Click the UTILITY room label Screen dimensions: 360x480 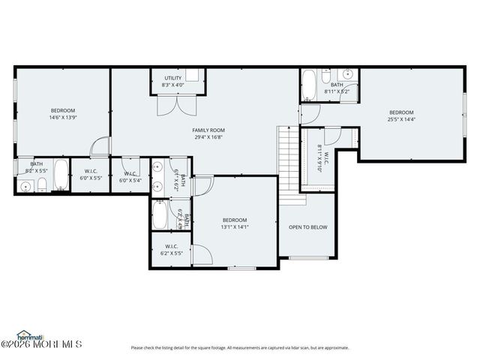click(x=173, y=77)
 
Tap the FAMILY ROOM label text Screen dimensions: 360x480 click(x=208, y=130)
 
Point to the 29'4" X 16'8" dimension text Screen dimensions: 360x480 click(x=208, y=137)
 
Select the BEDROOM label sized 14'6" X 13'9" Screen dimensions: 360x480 click(x=63, y=110)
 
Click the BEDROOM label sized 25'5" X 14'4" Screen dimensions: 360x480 click(x=401, y=112)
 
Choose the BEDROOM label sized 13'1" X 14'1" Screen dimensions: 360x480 click(x=235, y=220)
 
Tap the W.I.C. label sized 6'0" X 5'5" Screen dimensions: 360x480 click(x=91, y=171)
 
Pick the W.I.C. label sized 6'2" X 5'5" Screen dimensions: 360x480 click(x=171, y=246)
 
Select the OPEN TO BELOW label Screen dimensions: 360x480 click(x=308, y=227)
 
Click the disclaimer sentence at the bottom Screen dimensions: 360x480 click(x=240, y=347)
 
